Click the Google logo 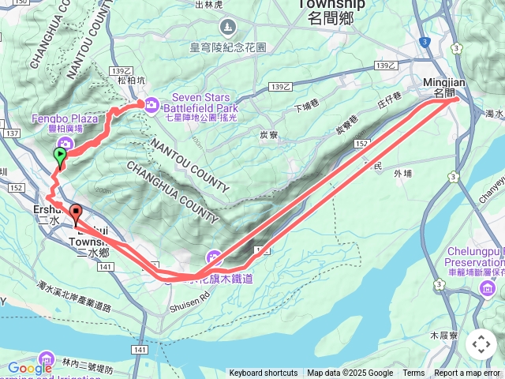30,368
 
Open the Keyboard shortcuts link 264,373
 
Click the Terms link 413,373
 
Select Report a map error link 468,373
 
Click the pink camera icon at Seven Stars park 151,103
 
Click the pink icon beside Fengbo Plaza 67,143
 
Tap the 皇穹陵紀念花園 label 229,47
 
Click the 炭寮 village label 269,134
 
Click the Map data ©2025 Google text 350,373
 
